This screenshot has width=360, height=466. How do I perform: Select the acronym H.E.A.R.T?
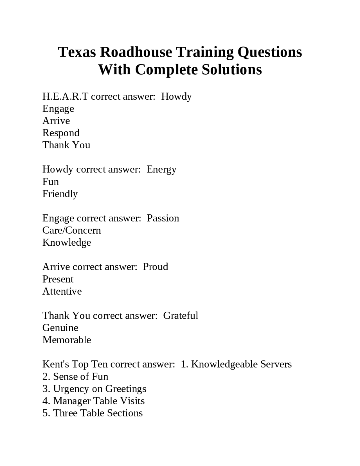tap(65, 97)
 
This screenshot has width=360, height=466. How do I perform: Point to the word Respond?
tap(61, 133)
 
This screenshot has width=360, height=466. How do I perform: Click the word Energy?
tap(161, 169)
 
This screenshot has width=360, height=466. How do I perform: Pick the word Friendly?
tap(60, 194)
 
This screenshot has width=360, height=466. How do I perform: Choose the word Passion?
tap(163, 218)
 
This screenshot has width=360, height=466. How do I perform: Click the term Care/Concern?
tap(71, 230)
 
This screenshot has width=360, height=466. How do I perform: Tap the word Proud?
tap(155, 267)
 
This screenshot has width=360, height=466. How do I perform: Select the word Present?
tap(58, 279)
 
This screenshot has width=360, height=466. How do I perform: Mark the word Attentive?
tap(62, 291)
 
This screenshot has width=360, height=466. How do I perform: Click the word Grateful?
tap(181, 315)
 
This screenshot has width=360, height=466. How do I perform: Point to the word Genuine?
tap(60, 328)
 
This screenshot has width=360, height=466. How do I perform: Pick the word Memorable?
tap(67, 340)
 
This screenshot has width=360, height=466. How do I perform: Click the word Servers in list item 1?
tap(276, 364)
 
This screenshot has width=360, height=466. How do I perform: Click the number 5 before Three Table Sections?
tap(45, 413)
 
